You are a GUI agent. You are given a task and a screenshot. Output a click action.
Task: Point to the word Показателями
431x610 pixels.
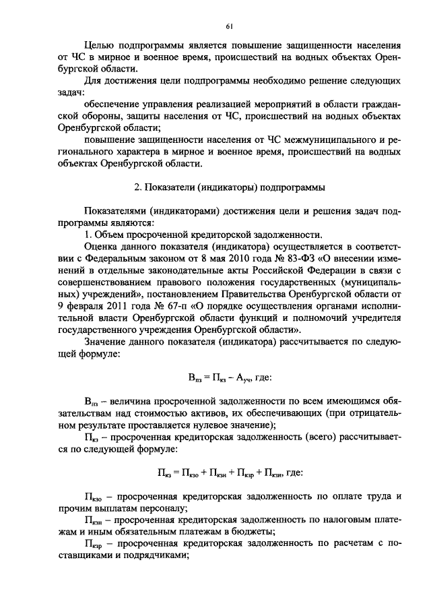118,211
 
